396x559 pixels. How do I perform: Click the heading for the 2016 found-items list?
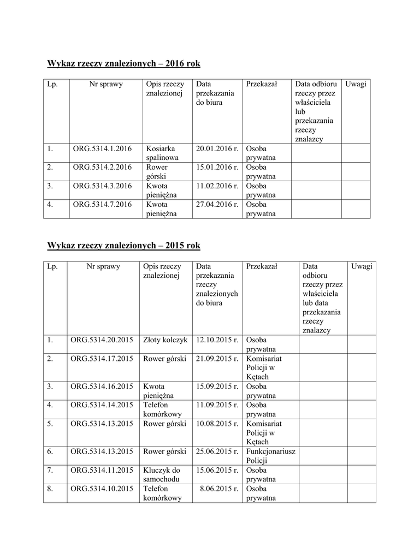[124, 64]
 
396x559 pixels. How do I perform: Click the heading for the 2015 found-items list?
[124, 246]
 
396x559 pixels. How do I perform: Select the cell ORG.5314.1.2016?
[103, 148]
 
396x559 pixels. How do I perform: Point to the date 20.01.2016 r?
[217, 148]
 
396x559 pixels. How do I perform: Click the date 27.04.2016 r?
[217, 205]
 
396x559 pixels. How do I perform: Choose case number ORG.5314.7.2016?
[103, 205]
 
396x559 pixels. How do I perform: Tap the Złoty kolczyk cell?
[165, 340]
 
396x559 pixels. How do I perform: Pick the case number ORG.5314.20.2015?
[102, 340]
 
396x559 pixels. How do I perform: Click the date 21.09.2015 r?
[217, 359]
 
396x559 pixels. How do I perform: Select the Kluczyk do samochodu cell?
[162, 474]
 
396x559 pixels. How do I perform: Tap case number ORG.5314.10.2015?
[102, 489]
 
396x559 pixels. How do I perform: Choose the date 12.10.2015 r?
[217, 340]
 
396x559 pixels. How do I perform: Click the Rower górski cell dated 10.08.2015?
[165, 424]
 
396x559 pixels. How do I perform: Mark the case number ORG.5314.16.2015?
[102, 386]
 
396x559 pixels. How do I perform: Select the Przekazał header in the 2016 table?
[262, 84]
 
